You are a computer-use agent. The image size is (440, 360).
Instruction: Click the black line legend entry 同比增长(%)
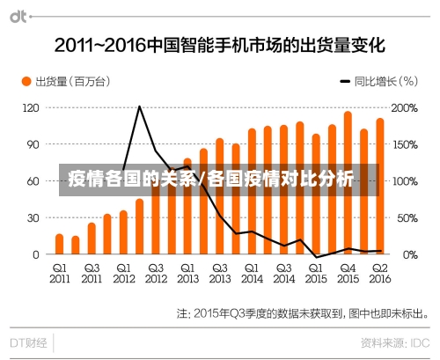tap(374, 82)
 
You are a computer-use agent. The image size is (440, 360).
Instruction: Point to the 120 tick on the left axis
tap(32, 107)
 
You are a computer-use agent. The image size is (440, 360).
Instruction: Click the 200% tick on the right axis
tap(404, 107)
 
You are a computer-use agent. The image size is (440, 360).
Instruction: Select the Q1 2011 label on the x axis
tap(59, 273)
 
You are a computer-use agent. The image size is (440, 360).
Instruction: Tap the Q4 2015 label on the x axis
tap(348, 273)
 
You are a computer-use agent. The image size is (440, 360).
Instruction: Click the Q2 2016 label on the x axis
tap(379, 273)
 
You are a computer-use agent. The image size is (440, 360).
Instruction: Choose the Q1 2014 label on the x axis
tap(252, 273)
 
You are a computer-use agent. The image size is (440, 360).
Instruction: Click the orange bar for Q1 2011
tap(59, 244)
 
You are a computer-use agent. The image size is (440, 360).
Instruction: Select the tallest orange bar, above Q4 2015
tap(348, 182)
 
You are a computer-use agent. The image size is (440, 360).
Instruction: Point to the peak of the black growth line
tap(139, 107)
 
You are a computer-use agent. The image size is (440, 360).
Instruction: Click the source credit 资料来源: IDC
tap(393, 341)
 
